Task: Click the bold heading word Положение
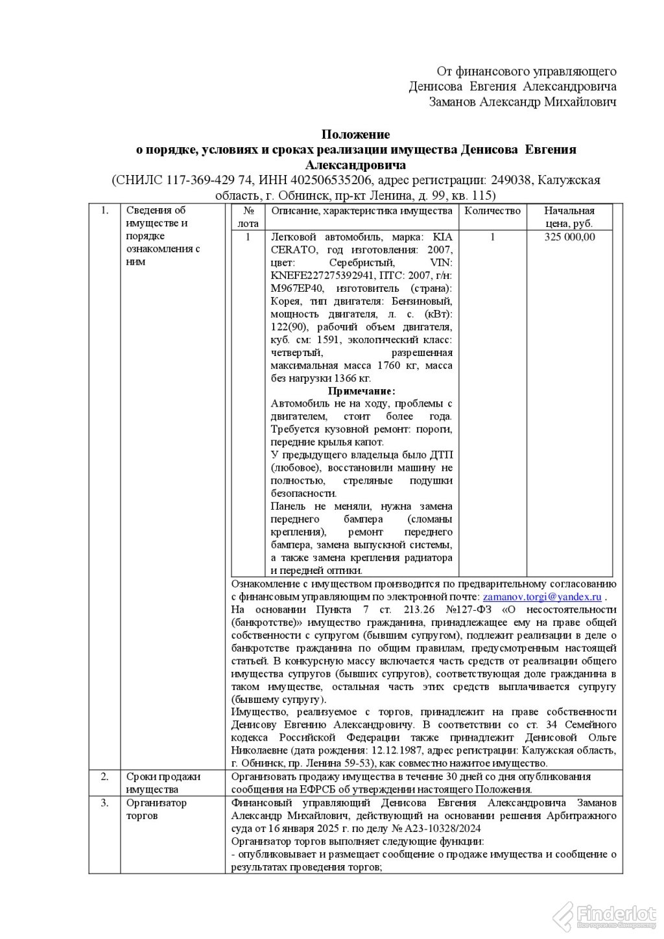click(x=356, y=135)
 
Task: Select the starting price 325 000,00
click(x=569, y=237)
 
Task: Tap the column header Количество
click(x=492, y=211)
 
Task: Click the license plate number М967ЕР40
click(x=293, y=289)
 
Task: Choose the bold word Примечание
click(x=361, y=391)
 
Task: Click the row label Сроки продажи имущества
click(x=163, y=783)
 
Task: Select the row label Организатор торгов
click(x=156, y=809)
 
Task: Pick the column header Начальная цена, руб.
click(x=569, y=217)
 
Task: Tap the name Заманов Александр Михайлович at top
click(x=523, y=102)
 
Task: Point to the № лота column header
click(x=248, y=217)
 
